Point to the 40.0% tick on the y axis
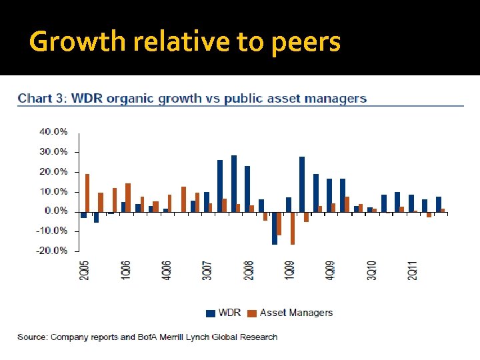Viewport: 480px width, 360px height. click(53, 132)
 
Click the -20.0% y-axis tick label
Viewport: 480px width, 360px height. click(52, 251)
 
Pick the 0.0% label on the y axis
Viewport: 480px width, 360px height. click(56, 211)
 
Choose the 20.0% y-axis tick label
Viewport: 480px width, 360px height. click(53, 171)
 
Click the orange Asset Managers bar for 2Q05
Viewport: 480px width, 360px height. click(87, 193)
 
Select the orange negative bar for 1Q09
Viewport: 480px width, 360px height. click(292, 228)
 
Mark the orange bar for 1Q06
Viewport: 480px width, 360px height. click(128, 197)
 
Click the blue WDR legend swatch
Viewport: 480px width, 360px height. click(211, 313)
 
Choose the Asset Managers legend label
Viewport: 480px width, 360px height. click(296, 313)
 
